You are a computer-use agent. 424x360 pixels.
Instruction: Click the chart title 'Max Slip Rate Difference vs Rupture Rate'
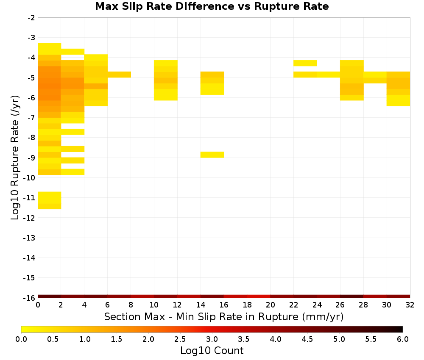212,6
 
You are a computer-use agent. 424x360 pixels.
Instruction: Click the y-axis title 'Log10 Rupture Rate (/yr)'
15,158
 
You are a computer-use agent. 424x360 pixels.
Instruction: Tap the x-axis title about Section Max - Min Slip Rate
223,317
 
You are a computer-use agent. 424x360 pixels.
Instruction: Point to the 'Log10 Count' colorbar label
212,351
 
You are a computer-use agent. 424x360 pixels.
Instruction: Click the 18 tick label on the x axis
247,305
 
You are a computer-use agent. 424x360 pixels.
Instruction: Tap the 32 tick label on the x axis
410,305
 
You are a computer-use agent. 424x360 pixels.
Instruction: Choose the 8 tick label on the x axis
131,305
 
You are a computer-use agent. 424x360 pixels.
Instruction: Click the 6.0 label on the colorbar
403,339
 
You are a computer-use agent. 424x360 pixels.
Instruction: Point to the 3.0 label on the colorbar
212,339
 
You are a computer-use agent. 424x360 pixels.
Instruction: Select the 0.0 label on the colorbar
21,339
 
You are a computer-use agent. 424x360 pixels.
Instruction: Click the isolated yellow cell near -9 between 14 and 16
212,155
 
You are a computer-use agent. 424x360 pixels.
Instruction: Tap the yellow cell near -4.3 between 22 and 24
305,63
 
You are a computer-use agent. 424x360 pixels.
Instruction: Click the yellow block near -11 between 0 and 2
49,200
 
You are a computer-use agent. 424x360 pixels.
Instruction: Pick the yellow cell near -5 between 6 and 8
119,75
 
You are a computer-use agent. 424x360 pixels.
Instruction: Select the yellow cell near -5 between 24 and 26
328,75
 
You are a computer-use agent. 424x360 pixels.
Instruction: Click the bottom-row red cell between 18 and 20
259,296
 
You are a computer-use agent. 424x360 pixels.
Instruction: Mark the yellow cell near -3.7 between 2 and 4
73,52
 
